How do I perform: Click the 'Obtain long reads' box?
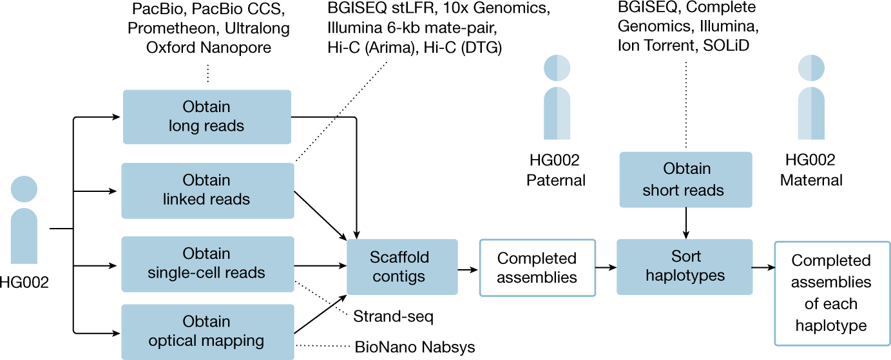207,117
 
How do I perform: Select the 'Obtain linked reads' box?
207,190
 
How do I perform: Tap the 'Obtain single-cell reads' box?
207,263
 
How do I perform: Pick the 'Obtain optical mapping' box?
207,332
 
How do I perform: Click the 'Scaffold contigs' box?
402,267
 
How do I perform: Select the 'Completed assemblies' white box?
537,268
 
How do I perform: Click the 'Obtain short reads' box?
685,180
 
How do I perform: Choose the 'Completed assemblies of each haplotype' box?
831,293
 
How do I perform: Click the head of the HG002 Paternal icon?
557,68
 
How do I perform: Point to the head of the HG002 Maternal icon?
810,68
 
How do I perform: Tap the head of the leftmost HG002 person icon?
24,188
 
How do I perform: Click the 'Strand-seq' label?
392,316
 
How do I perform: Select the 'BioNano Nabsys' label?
415,348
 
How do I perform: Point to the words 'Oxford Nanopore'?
207,48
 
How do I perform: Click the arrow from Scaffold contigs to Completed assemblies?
468,267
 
